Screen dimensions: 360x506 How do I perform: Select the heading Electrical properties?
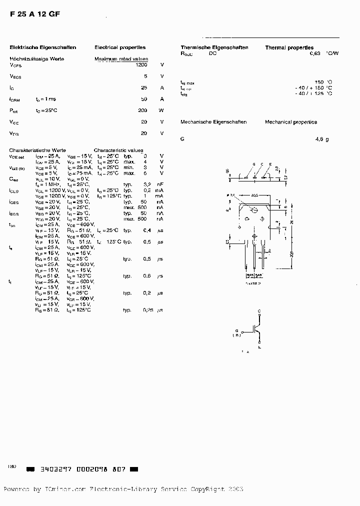[120, 47]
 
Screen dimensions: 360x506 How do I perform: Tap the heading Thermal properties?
[289, 47]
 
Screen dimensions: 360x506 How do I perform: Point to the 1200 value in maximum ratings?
[141, 65]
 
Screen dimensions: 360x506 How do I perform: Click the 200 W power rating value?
[142, 110]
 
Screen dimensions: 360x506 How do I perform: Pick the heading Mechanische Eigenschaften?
[213, 122]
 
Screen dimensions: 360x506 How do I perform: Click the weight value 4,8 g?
[322, 139]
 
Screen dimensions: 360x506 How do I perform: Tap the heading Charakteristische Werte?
[37, 150]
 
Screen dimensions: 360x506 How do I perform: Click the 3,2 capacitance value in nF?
[147, 184]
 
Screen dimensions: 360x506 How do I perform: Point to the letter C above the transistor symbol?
[259, 311]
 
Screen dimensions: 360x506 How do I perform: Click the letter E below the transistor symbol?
[259, 346]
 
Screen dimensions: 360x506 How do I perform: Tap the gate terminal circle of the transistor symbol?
[242, 331]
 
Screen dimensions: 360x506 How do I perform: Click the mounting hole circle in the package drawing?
[254, 210]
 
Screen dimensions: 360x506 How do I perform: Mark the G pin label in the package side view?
[253, 164]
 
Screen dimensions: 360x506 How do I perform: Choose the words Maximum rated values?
[118, 59]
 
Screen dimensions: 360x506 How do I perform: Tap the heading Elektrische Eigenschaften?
[43, 47]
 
